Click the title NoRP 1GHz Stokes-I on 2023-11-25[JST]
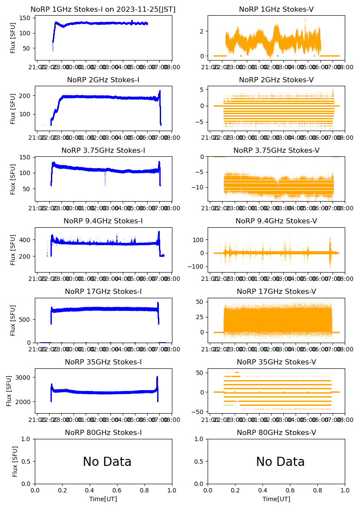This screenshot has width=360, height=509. click(x=103, y=10)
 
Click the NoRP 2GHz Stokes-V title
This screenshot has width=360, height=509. click(x=276, y=80)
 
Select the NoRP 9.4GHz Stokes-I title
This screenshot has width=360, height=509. click(x=103, y=221)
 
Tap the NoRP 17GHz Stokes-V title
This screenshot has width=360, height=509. click(x=276, y=292)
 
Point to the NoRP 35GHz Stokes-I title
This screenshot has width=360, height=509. click(x=103, y=362)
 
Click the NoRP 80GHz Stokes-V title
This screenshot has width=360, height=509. click(x=276, y=433)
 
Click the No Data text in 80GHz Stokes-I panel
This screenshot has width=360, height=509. click(x=107, y=462)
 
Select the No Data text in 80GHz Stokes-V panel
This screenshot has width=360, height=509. click(x=280, y=462)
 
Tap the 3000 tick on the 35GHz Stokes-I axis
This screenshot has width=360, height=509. click(x=25, y=378)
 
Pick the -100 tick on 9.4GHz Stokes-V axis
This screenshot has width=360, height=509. click(x=196, y=266)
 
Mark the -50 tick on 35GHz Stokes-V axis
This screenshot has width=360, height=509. click(x=199, y=412)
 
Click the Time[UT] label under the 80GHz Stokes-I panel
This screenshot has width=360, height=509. click(x=103, y=499)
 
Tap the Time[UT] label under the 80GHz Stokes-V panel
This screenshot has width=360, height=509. click(x=276, y=499)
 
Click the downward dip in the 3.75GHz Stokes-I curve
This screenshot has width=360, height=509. click(x=105, y=179)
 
